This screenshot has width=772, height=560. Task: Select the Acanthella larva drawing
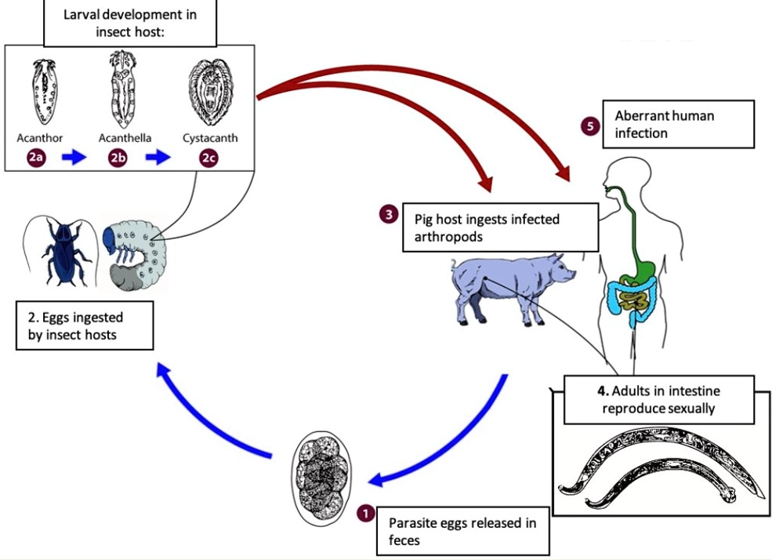tap(118, 89)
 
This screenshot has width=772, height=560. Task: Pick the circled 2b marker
tap(118, 158)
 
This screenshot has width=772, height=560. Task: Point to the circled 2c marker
tap(207, 158)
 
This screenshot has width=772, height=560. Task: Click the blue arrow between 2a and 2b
tap(75, 158)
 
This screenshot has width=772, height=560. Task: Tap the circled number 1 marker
tap(364, 513)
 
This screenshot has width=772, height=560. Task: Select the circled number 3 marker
tap(388, 213)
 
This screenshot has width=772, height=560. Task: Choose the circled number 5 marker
tap(589, 125)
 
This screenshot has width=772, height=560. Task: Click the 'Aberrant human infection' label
tap(678, 124)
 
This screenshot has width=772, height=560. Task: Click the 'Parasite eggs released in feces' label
tap(462, 531)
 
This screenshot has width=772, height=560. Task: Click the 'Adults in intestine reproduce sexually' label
tap(658, 399)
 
